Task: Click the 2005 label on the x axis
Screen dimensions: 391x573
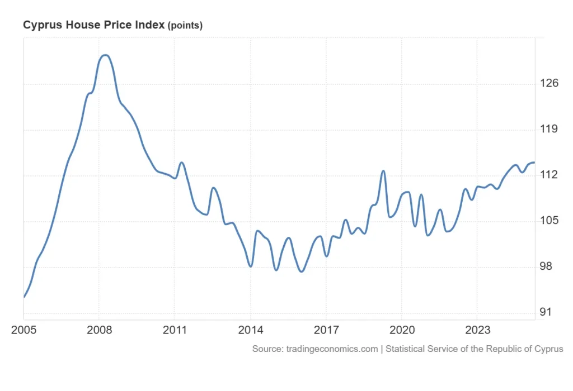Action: [x=24, y=330]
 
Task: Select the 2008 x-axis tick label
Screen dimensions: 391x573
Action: [x=99, y=330]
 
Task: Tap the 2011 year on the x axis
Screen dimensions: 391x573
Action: [x=175, y=330]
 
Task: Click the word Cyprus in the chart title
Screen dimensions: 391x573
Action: [x=40, y=25]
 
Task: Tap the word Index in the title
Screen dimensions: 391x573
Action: [x=151, y=25]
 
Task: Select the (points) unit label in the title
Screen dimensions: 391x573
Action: [x=185, y=26]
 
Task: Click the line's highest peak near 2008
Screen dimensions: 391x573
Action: [x=105, y=55]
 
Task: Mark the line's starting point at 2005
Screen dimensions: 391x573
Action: [x=24, y=297]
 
